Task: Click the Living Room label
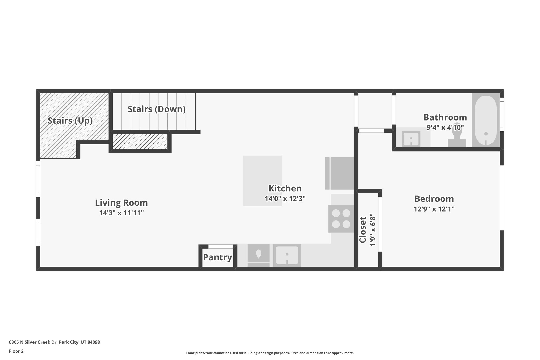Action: click(121, 203)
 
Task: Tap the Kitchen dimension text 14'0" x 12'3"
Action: click(285, 199)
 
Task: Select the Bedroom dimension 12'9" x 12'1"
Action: click(434, 209)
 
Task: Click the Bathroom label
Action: click(445, 117)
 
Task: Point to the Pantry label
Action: click(218, 257)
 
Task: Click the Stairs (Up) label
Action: click(70, 121)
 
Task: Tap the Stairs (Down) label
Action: click(157, 109)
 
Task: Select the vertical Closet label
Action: click(363, 230)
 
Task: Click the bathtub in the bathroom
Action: click(486, 120)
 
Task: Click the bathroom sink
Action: click(411, 139)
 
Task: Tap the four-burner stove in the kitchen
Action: click(341, 219)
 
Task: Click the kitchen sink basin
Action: click(287, 255)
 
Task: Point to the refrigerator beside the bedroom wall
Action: click(340, 173)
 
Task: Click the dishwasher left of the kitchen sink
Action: click(258, 255)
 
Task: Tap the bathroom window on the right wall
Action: click(502, 114)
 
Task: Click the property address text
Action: click(54, 342)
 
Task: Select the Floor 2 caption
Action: click(16, 351)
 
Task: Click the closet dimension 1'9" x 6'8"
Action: click(373, 230)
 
